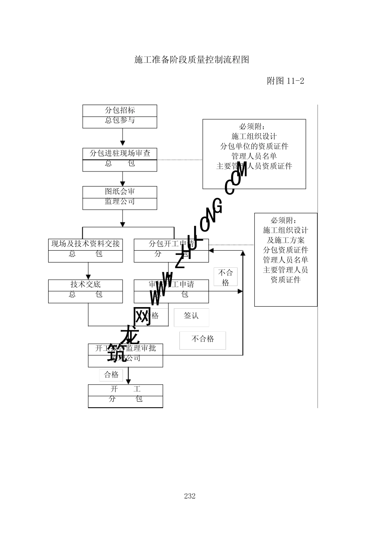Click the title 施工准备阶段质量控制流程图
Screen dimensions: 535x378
[191, 60]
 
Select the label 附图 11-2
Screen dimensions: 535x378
[285, 81]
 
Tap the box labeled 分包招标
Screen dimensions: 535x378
[120, 111]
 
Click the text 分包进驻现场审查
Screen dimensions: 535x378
[120, 154]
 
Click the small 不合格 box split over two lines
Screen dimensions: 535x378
[226, 277]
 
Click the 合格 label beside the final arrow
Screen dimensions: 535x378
[111, 375]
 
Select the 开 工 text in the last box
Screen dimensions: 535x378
[125, 389]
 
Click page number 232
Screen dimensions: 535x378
[190, 496]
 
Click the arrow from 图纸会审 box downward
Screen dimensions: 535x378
[123, 218]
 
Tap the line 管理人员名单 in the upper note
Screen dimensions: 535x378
[254, 156]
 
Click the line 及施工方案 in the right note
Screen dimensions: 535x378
[285, 240]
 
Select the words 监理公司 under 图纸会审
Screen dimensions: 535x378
[120, 202]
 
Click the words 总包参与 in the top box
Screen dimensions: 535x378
[120, 121]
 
